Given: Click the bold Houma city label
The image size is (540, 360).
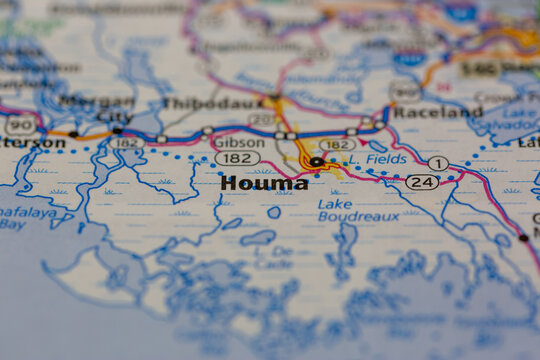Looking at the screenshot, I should tap(264, 183).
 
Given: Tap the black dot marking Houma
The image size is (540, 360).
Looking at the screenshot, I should tap(316, 161).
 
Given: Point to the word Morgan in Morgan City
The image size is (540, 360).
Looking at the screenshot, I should tap(96, 101).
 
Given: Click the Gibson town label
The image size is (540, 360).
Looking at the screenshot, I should tap(238, 142).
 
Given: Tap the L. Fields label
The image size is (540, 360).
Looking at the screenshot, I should tap(379, 158).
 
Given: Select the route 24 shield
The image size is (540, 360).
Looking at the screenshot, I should tap(422, 182).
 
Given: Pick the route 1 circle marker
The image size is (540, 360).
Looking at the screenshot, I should tap(437, 163).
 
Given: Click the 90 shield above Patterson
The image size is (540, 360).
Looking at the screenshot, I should tap(20, 125).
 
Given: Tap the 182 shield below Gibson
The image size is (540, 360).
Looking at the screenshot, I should tap(237, 158).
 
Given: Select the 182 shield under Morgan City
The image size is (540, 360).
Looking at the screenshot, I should tap(127, 143).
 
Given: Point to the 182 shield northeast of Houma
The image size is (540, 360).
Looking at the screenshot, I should tap(337, 144).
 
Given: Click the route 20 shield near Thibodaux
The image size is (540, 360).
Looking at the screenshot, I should tap(262, 119).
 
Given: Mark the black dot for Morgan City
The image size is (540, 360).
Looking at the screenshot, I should tap(117, 130).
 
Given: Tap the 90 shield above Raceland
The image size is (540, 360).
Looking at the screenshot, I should tap(405, 93).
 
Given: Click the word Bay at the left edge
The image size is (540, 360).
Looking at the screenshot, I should tap(13, 225).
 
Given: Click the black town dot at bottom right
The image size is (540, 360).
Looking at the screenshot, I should tap(523, 238).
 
